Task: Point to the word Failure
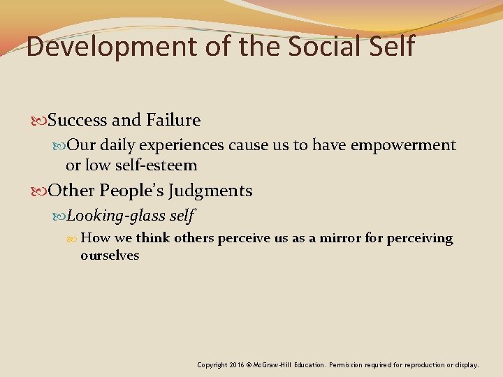(173, 120)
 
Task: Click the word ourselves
(110, 256)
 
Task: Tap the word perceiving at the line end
(420, 239)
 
